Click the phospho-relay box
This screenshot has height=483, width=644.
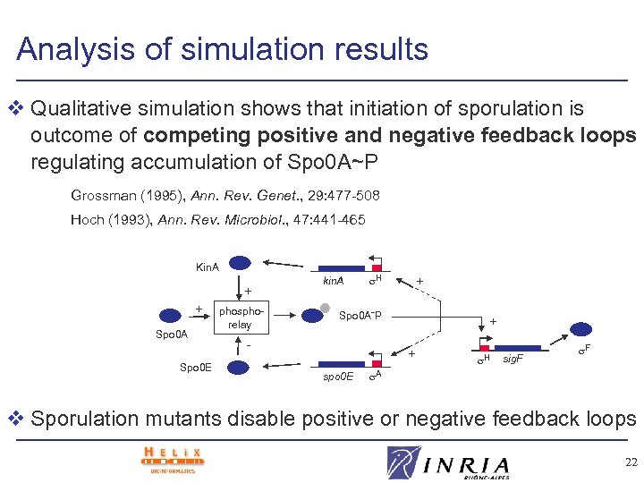[239, 318]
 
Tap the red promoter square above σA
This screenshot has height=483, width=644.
[377, 363]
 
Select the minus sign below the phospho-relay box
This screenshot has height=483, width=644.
[248, 346]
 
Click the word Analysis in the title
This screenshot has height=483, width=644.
[75, 49]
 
